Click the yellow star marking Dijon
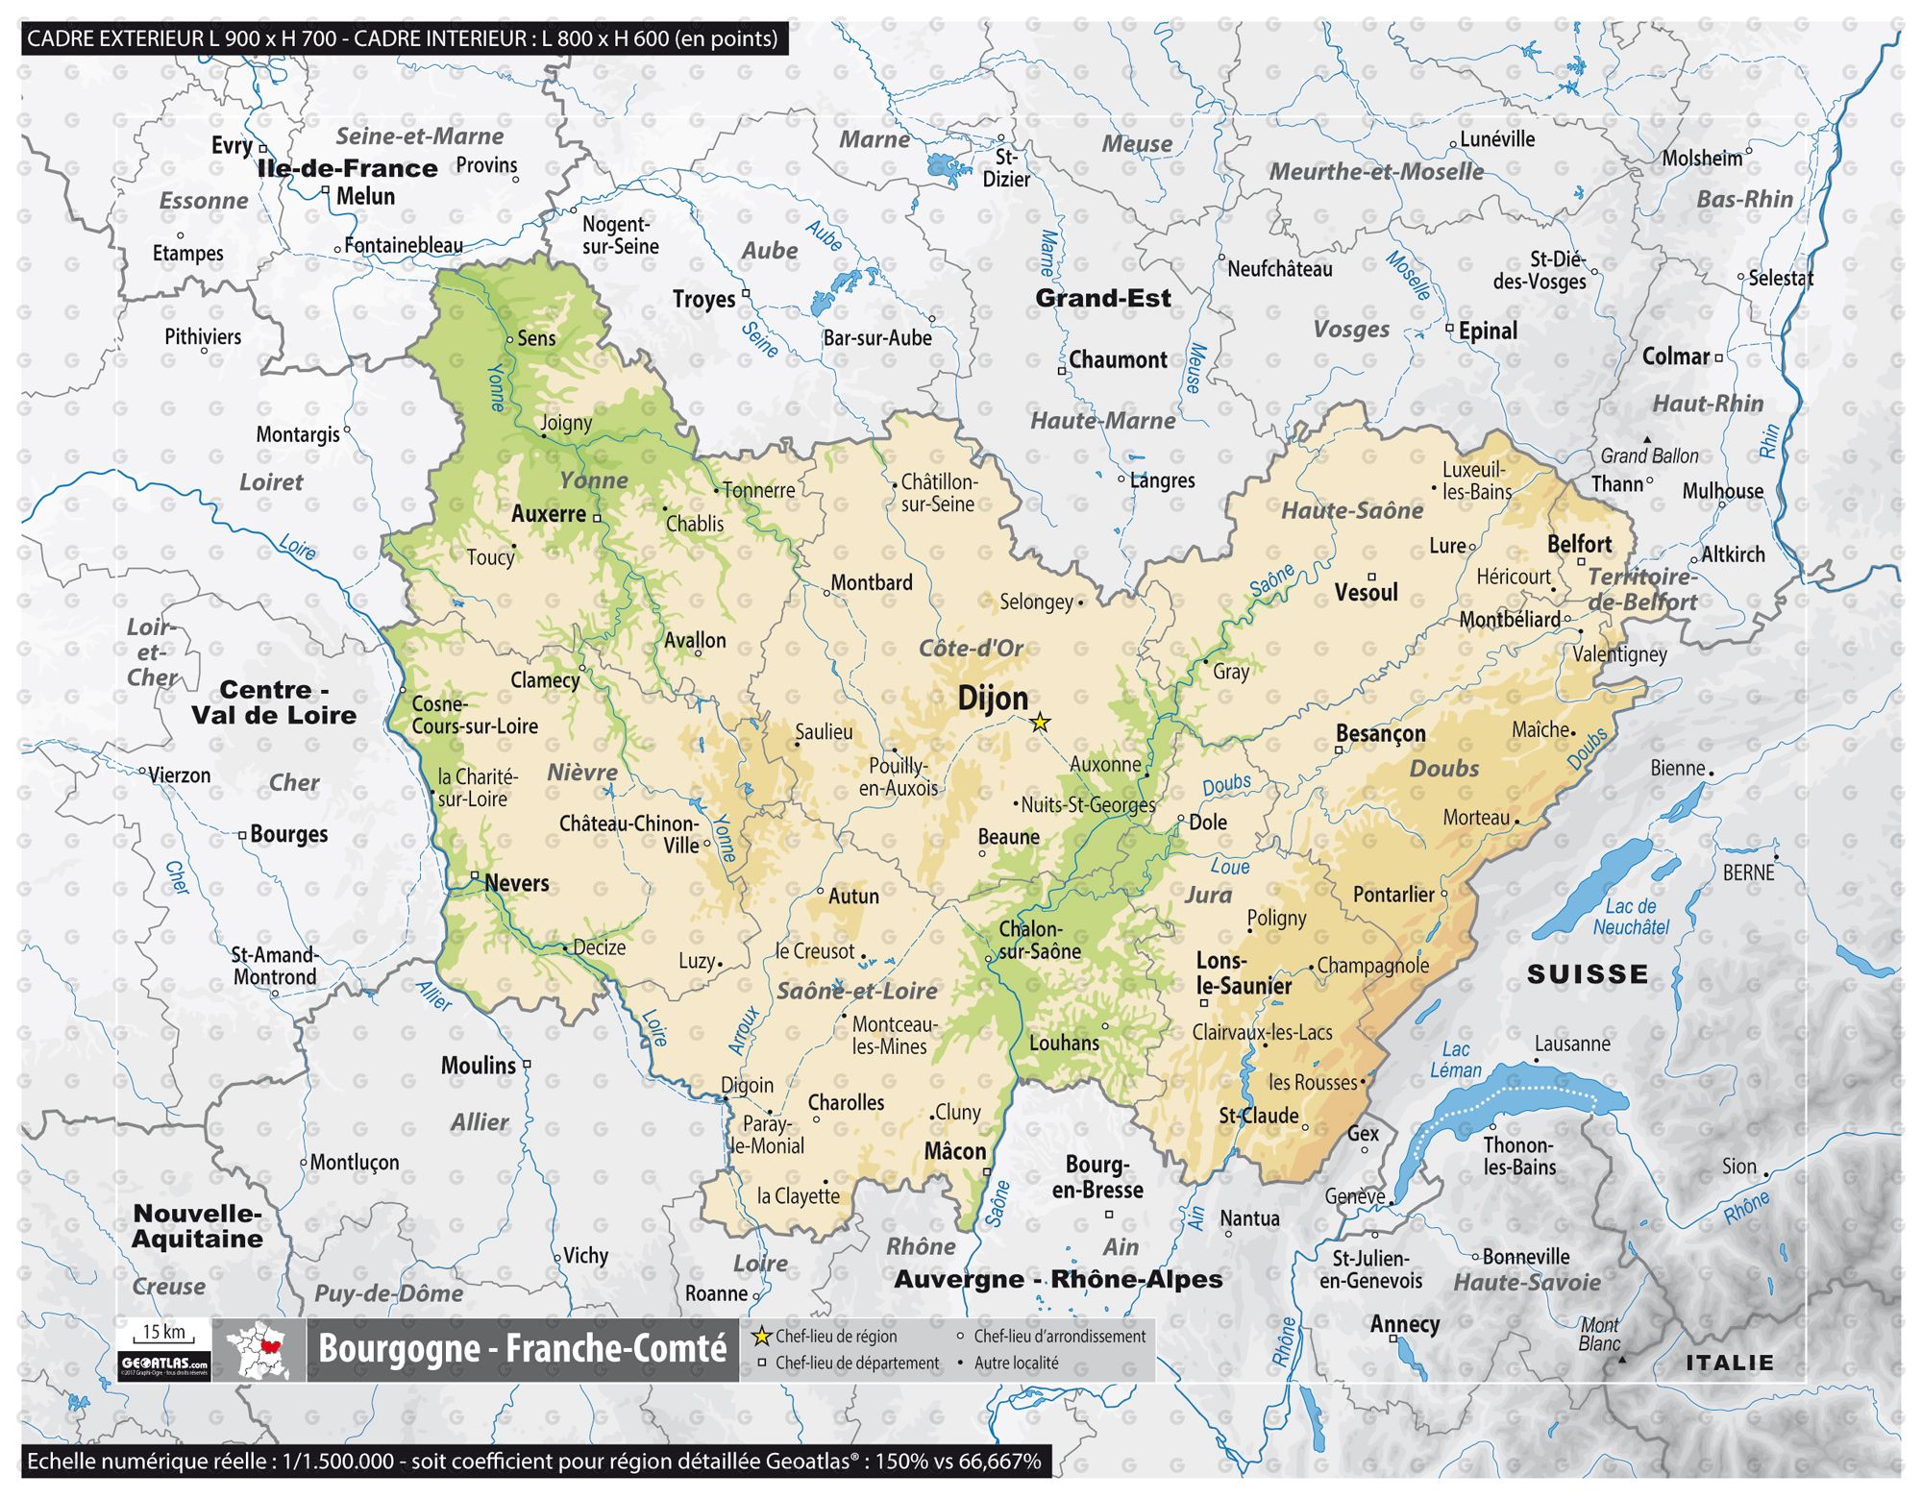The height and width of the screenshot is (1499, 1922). pyautogui.click(x=1040, y=722)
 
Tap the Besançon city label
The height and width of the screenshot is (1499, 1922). pyautogui.click(x=1381, y=734)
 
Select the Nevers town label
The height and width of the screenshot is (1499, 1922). pyautogui.click(x=517, y=883)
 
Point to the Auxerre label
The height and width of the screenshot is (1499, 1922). pyautogui.click(x=549, y=514)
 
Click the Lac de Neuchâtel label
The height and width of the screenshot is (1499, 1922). pyautogui.click(x=1631, y=917)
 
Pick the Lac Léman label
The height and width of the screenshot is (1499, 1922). pyautogui.click(x=1455, y=1060)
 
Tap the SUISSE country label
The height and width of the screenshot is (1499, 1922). pyautogui.click(x=1588, y=974)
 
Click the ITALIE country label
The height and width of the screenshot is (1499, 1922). pyautogui.click(x=1730, y=1363)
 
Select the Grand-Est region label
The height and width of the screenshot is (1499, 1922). pyautogui.click(x=1103, y=298)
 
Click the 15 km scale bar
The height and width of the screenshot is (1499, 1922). pyautogui.click(x=164, y=1334)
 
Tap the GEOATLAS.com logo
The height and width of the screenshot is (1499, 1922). pyautogui.click(x=164, y=1364)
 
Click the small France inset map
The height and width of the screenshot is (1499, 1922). pyautogui.click(x=259, y=1350)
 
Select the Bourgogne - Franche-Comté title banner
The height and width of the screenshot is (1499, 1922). pyautogui.click(x=522, y=1349)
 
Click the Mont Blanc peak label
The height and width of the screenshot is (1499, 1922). pyautogui.click(x=1600, y=1334)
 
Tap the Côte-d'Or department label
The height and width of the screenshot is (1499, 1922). pyautogui.click(x=971, y=649)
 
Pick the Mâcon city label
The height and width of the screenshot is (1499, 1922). pyautogui.click(x=954, y=1151)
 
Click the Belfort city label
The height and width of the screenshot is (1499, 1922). pyautogui.click(x=1579, y=544)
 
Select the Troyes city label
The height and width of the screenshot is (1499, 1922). pyautogui.click(x=703, y=300)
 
